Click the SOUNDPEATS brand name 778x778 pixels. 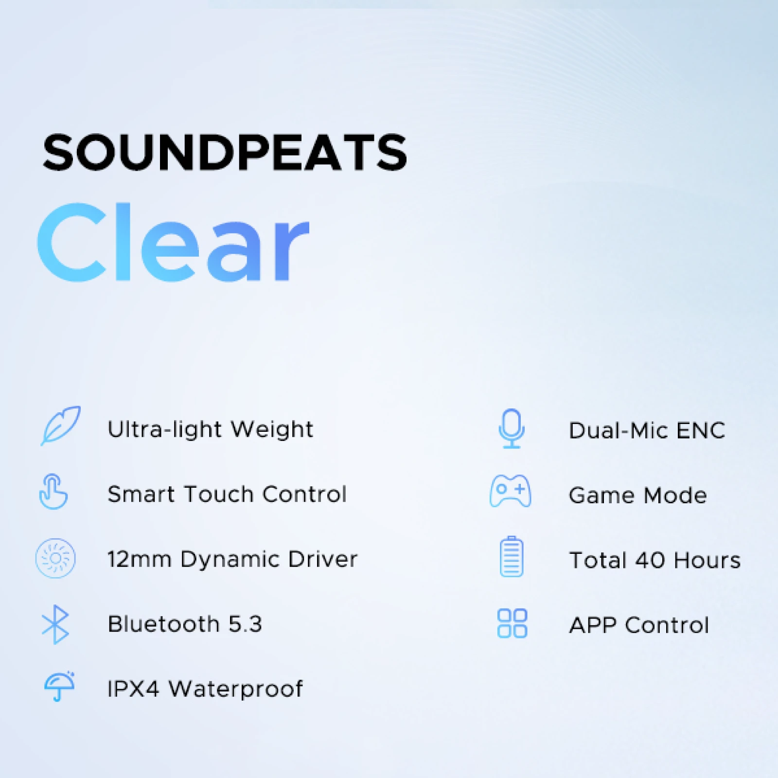point(225,152)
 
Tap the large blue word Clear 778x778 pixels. point(173,242)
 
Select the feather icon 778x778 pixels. point(60,425)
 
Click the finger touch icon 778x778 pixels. point(53,492)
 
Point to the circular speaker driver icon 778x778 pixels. point(55,558)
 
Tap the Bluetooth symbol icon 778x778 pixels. point(55,624)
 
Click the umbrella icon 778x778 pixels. point(59,686)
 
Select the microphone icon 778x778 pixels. point(512,428)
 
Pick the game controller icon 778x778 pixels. point(510,491)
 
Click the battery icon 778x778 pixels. point(512,556)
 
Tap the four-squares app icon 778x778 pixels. point(512,623)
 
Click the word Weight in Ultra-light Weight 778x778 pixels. point(272,430)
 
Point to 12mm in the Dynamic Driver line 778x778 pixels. point(140,559)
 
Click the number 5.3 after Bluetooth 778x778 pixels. point(245,624)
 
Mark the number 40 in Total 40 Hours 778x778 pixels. point(651,560)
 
